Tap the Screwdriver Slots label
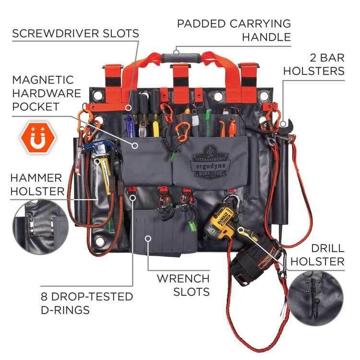pos(75,34)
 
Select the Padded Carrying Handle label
pos(234,30)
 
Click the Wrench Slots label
pos(182,285)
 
